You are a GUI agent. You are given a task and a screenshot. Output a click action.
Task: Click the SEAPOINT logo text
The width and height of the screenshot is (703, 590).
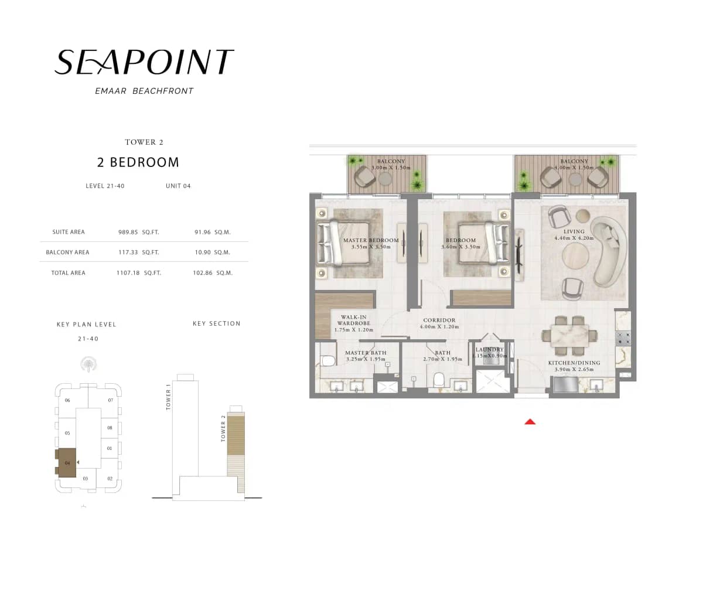144,62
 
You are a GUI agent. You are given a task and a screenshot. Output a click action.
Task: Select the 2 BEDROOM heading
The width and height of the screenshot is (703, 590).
138,162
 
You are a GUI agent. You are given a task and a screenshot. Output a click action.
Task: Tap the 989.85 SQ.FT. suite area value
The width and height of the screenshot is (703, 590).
139,232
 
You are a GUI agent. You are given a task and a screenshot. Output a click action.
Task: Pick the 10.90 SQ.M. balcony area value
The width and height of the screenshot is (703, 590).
211,253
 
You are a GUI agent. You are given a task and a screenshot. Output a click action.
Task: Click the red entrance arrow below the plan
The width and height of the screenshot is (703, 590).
530,421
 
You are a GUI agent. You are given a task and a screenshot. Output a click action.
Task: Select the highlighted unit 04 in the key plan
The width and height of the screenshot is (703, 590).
67,463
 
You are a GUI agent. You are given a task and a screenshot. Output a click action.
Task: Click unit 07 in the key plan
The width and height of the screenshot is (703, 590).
110,400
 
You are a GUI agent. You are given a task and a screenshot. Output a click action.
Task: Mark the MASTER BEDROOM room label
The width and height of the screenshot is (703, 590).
371,240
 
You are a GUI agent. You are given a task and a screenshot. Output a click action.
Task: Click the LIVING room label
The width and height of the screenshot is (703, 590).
574,231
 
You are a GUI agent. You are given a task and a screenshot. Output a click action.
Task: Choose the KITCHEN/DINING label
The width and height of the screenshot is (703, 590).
574,363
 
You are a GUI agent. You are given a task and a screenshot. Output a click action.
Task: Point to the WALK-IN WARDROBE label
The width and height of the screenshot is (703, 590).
353,320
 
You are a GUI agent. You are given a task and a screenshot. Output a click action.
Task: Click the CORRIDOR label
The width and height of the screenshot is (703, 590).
439,320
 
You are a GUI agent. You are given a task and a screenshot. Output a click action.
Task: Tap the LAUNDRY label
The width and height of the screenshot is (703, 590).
490,350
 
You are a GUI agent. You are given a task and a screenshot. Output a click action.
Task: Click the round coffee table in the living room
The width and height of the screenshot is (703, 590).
575,255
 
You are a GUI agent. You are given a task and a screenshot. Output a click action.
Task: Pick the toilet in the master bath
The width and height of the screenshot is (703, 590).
328,360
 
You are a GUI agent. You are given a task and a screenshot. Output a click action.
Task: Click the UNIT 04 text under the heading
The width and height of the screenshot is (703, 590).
178,186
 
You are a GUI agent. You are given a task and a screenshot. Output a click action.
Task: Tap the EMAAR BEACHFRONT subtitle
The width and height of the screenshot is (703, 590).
144,91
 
